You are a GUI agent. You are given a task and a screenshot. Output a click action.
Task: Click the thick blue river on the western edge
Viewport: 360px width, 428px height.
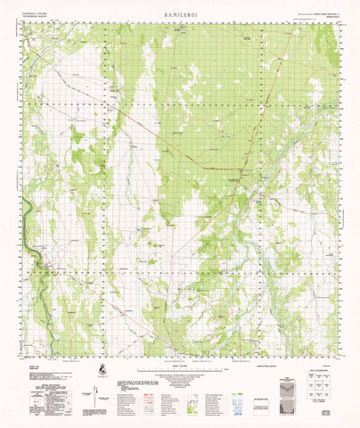(x=28, y=214)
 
